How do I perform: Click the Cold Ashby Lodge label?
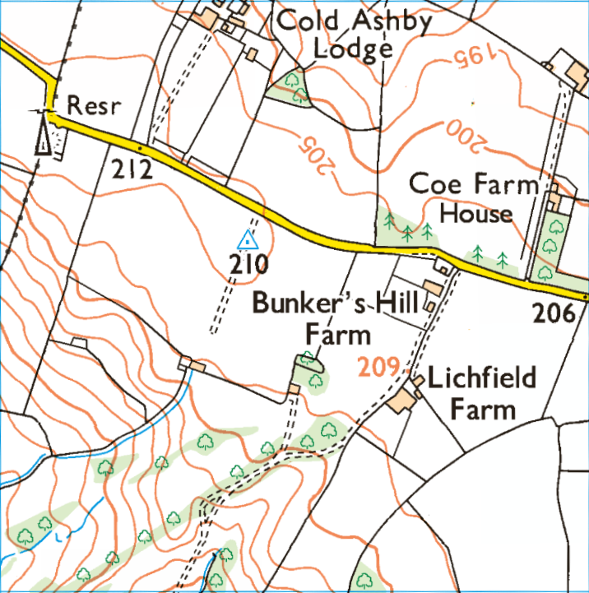(354, 34)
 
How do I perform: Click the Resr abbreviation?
(91, 105)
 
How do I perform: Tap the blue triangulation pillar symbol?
(248, 241)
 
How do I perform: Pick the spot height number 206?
(554, 313)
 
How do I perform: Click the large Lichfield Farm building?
(404, 401)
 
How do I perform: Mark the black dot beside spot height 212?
(141, 148)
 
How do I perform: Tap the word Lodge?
(354, 51)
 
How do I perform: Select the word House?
(476, 214)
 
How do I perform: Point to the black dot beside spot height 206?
(583, 294)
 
